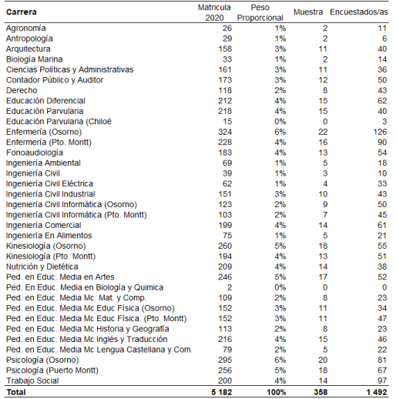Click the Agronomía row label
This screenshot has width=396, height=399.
(26, 28)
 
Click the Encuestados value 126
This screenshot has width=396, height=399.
(379, 132)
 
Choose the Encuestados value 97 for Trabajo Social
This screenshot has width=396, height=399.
(381, 381)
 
